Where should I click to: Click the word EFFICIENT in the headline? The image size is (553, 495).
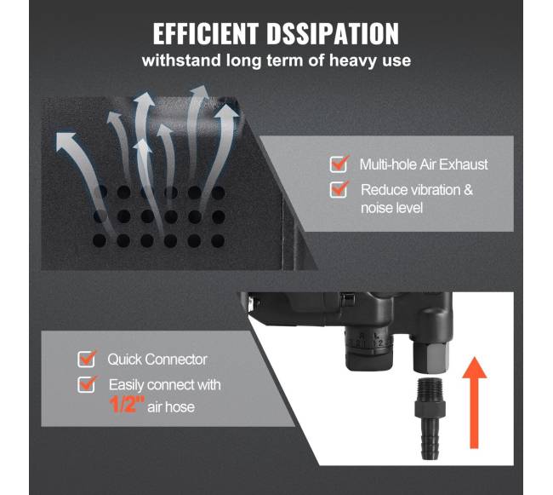(x=206, y=34)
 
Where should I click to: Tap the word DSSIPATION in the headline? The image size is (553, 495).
(x=333, y=34)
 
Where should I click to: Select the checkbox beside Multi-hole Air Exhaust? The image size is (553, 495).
(x=339, y=164)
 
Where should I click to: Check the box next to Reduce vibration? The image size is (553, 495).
(x=339, y=189)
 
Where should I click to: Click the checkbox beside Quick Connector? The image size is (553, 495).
(x=87, y=359)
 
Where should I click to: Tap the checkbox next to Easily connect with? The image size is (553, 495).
(x=87, y=384)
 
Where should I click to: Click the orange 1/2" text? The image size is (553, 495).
(x=127, y=405)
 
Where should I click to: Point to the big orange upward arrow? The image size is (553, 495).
(x=475, y=402)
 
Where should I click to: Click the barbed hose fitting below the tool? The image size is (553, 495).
(x=430, y=419)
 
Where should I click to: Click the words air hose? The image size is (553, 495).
(x=171, y=407)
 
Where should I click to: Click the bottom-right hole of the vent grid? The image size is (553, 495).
(x=218, y=241)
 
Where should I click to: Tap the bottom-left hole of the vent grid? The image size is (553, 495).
(x=100, y=241)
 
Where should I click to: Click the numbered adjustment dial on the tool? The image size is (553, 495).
(x=368, y=351)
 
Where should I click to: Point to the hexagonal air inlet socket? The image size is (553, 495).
(x=431, y=358)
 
